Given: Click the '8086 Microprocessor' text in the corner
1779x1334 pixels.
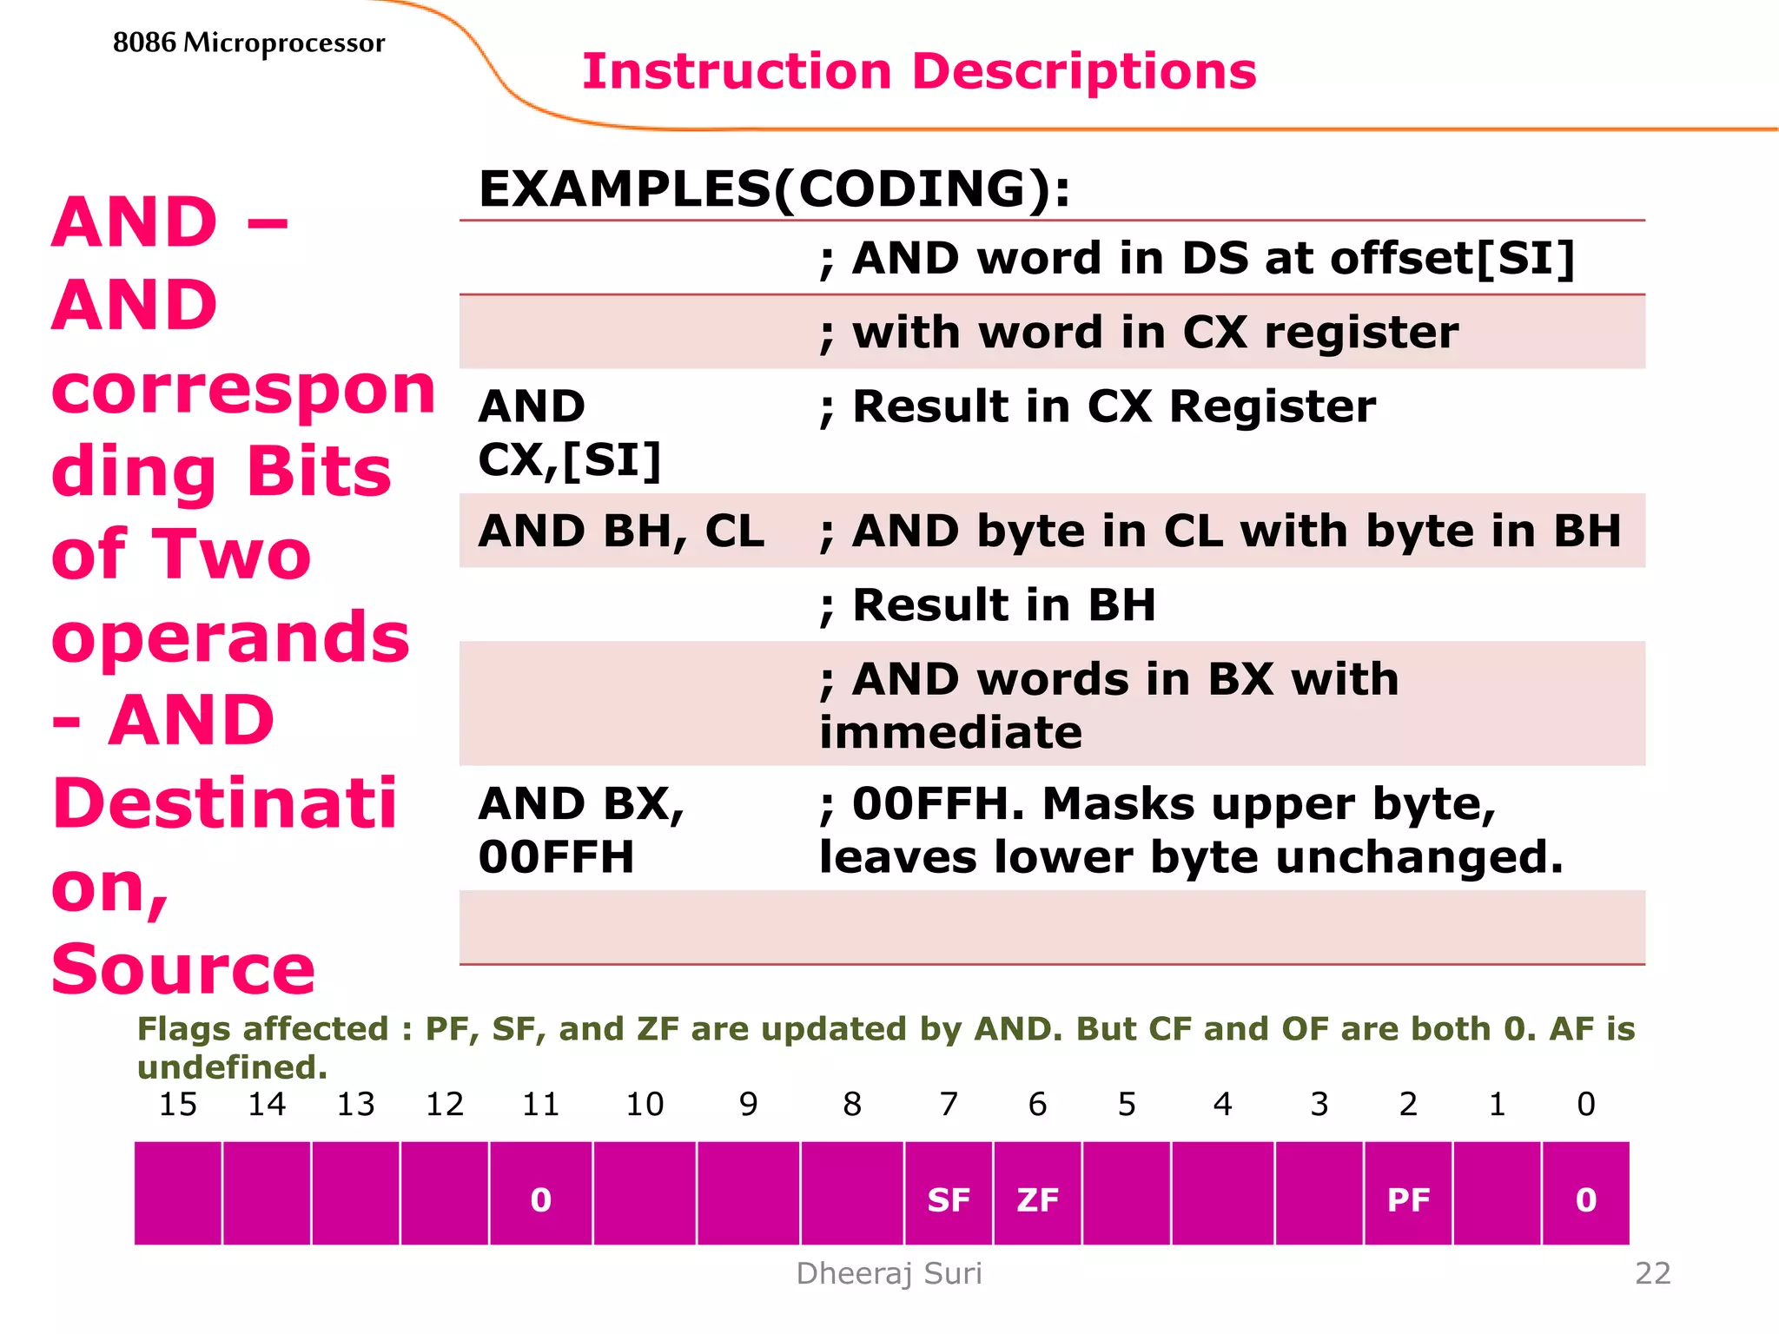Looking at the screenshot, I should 248,43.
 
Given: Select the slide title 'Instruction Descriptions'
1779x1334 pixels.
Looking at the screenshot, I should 919,71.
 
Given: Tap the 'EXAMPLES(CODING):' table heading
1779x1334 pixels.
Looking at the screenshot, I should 774,188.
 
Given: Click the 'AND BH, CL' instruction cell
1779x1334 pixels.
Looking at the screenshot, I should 621,531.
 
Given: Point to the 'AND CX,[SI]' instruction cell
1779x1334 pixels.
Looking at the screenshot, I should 570,433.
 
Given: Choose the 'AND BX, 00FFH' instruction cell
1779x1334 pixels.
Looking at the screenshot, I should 581,829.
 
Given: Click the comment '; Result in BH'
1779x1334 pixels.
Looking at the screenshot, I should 988,604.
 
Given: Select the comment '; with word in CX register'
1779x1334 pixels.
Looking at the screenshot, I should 1139,332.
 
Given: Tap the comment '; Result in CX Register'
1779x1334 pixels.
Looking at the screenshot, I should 1097,406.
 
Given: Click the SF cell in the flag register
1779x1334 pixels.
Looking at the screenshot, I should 948,1199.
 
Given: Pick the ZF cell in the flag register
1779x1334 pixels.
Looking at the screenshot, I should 1037,1199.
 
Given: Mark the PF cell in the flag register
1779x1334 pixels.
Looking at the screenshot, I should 1408,1199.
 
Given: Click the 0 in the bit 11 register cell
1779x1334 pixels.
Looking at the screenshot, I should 540,1199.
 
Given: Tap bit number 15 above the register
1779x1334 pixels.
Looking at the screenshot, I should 178,1104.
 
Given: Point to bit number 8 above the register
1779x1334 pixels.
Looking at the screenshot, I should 852,1104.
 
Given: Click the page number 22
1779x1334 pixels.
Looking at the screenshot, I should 1652,1273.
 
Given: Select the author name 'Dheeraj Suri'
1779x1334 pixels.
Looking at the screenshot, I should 889,1273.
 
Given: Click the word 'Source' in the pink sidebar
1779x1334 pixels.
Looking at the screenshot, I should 183,969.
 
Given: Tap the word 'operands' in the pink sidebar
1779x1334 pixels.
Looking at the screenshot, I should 230,637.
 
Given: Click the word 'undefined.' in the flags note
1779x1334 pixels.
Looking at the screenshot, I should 232,1067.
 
